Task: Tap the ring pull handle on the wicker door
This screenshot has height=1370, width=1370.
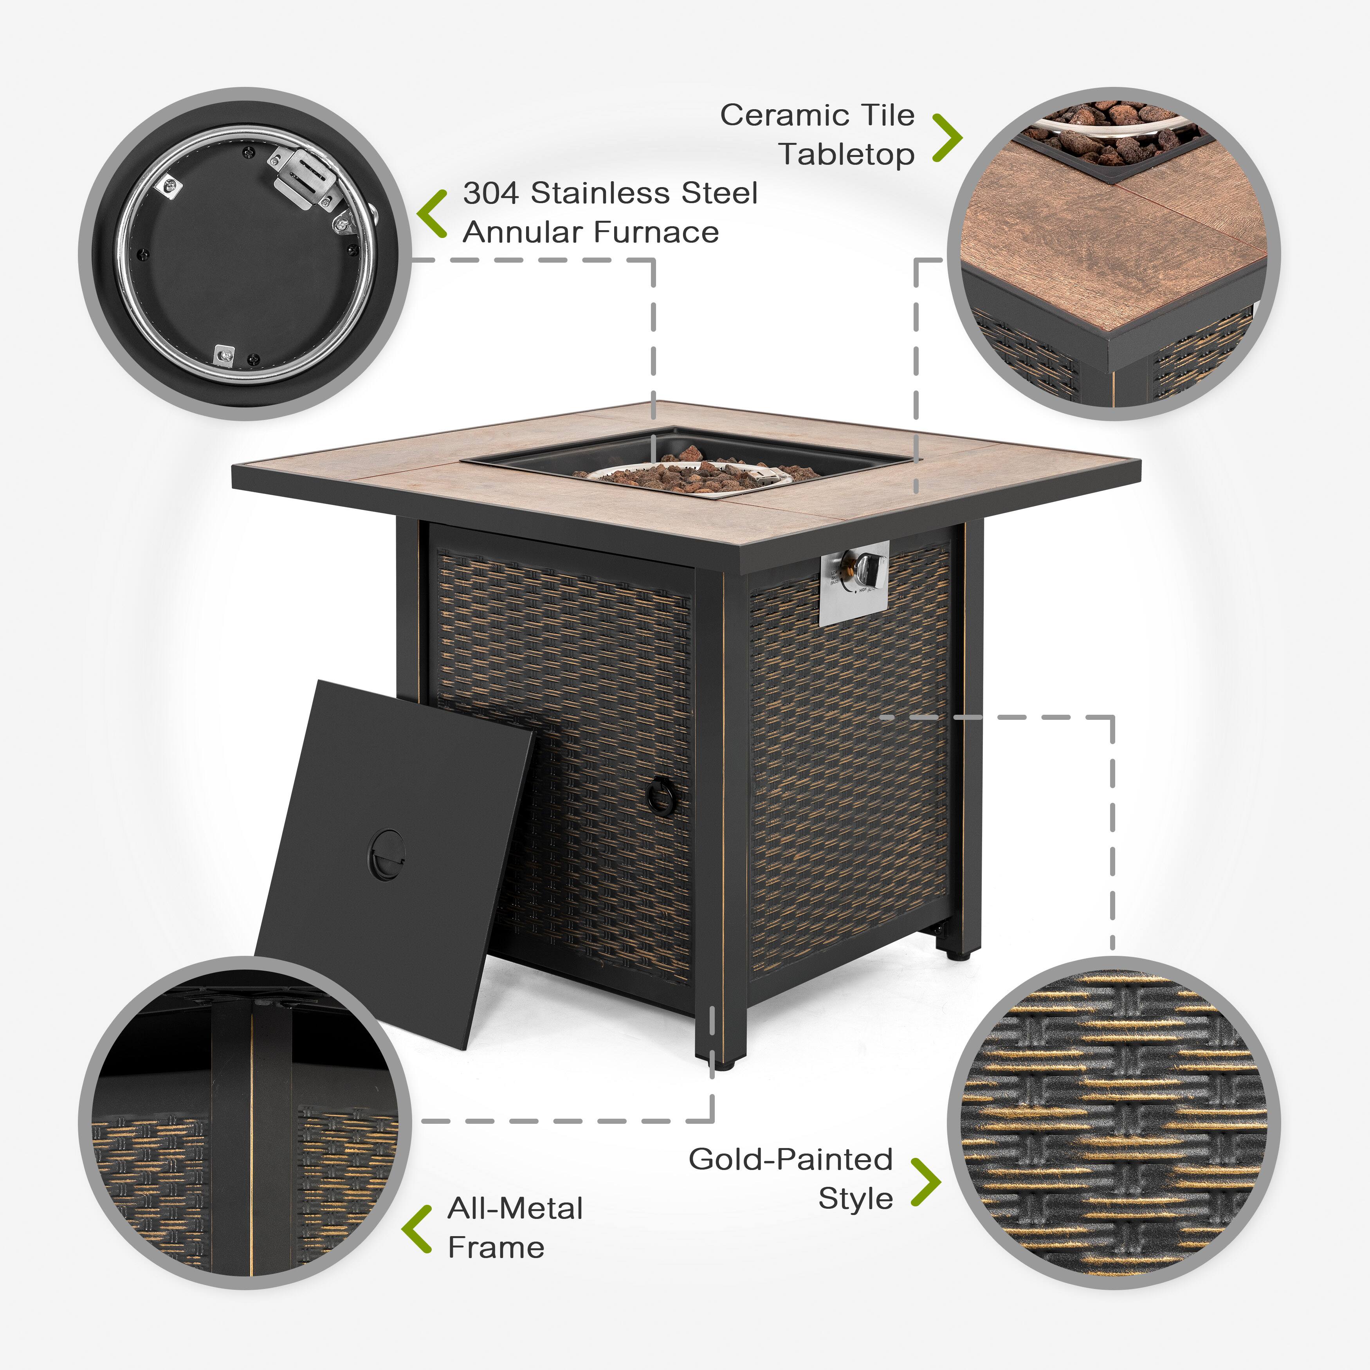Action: [662, 796]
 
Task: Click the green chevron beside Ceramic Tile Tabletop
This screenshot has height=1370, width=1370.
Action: [946, 137]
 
